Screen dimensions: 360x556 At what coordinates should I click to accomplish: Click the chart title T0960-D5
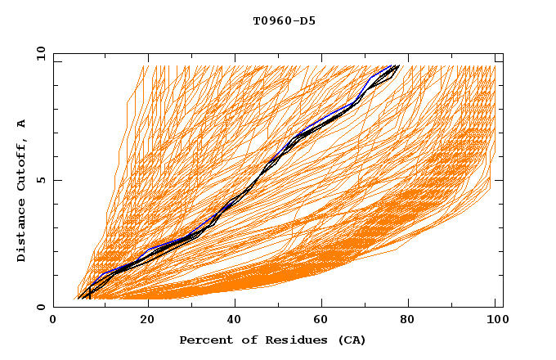[284, 20]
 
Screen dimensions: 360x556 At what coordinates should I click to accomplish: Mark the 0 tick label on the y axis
[41, 307]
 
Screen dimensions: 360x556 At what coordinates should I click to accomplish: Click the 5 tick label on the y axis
[41, 180]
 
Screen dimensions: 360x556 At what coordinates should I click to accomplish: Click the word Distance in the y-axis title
[22, 231]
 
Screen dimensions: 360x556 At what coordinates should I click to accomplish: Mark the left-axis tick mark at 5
[56, 180]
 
